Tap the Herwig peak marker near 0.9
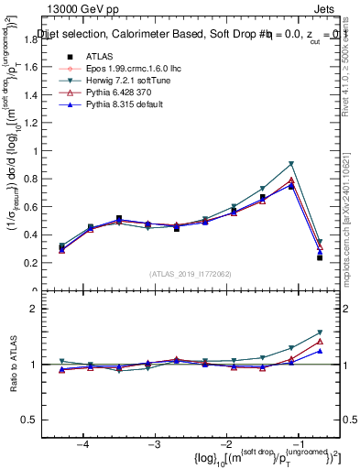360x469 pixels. [291, 164]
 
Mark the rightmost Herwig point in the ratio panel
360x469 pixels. [320, 333]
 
